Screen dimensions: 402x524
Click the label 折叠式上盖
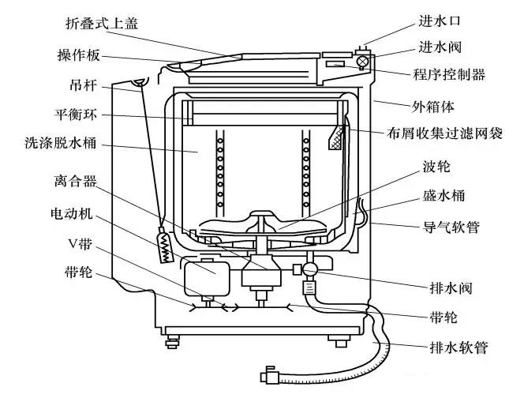tap(102, 23)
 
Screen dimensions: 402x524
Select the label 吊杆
tap(81, 85)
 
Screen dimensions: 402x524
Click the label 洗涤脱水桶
tap(61, 146)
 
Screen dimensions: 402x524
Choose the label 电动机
tap(74, 212)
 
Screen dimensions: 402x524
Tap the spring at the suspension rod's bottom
tap(164, 246)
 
